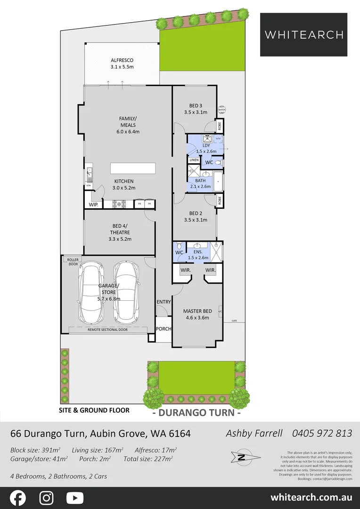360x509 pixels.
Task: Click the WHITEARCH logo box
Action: pyautogui.click(x=303, y=34)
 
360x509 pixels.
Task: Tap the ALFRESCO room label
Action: pyautogui.click(x=122, y=64)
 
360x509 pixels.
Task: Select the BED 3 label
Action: pyautogui.click(x=196, y=109)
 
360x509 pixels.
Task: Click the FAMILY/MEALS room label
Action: pyautogui.click(x=127, y=125)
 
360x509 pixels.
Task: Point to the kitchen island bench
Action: pyautogui.click(x=133, y=169)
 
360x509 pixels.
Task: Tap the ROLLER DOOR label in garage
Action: pyautogui.click(x=73, y=262)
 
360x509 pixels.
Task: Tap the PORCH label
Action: pyautogui.click(x=163, y=329)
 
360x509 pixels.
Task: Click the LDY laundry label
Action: pyautogui.click(x=206, y=148)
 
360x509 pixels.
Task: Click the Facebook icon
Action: pyautogui.click(x=18, y=498)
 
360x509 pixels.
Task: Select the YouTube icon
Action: pyautogui.click(x=74, y=498)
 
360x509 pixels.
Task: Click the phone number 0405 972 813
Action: pyautogui.click(x=322, y=433)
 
